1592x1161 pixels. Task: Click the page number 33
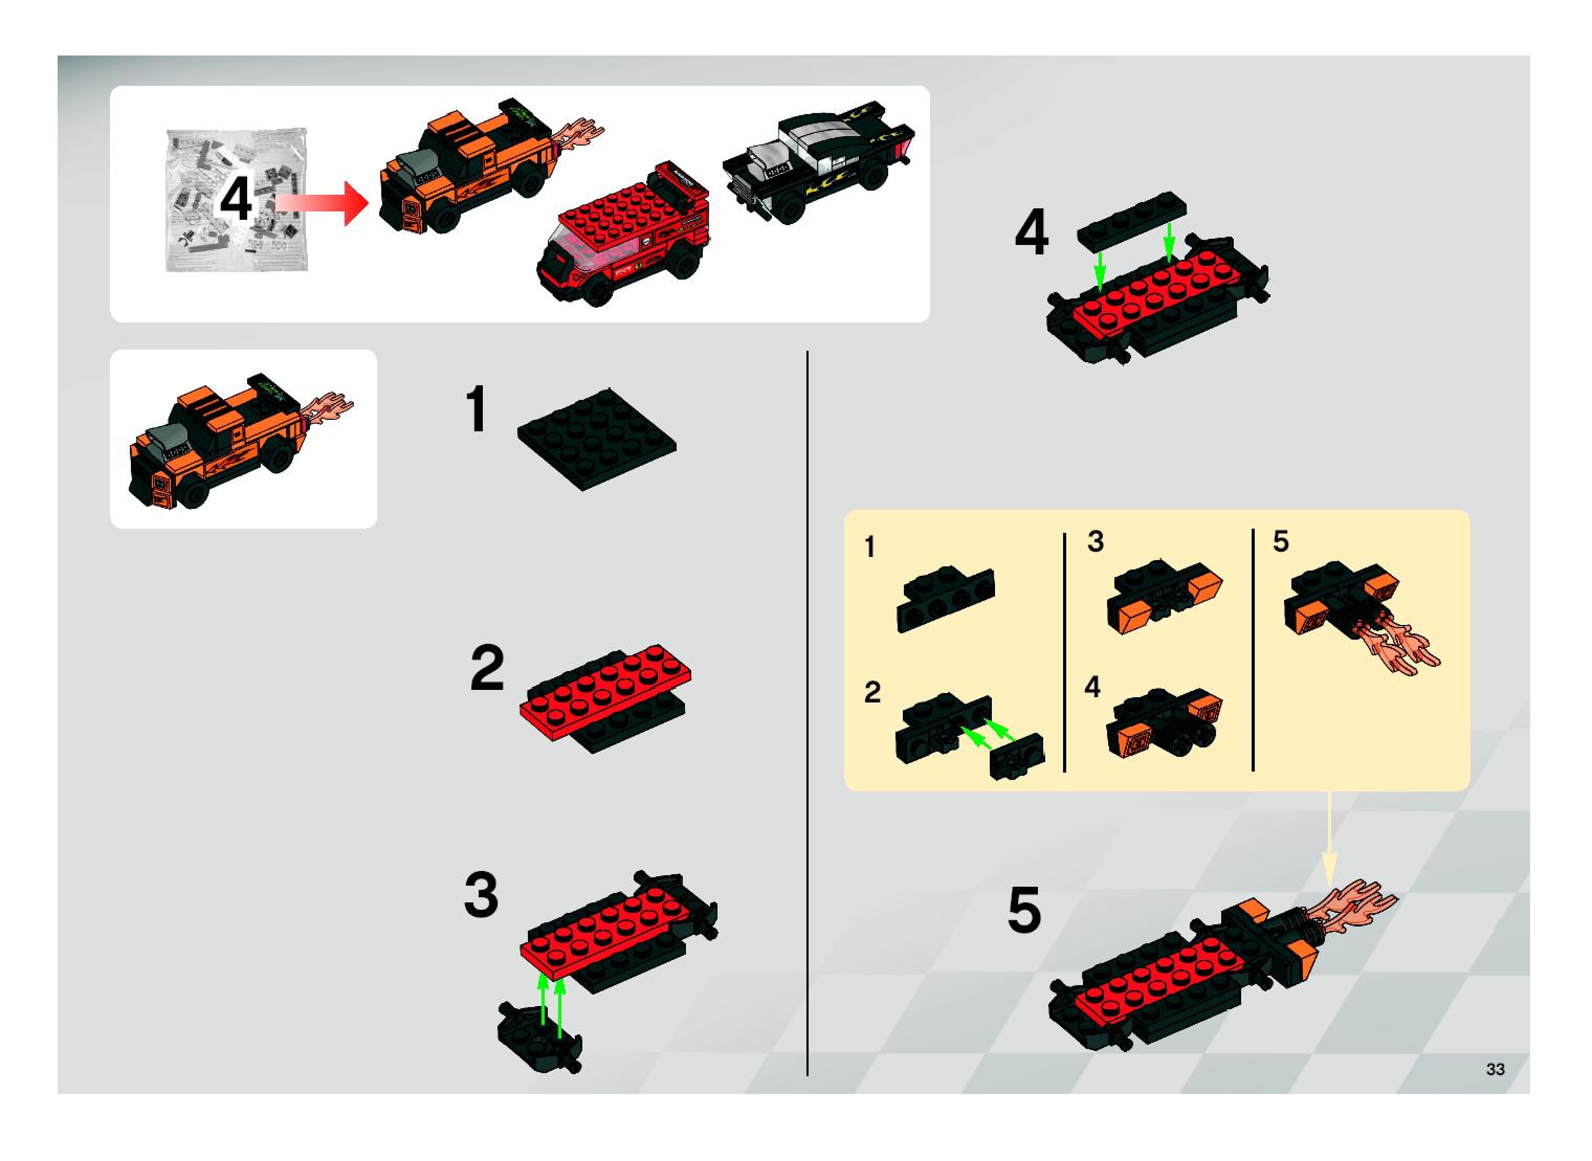[1496, 1069]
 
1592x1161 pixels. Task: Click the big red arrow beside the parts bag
[322, 203]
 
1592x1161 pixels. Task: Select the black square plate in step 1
[597, 439]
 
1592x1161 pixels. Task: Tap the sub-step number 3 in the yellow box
[1096, 541]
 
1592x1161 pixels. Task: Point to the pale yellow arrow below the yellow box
[1329, 840]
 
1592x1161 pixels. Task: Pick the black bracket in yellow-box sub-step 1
[946, 599]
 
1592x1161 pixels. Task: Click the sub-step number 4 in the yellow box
[1092, 687]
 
